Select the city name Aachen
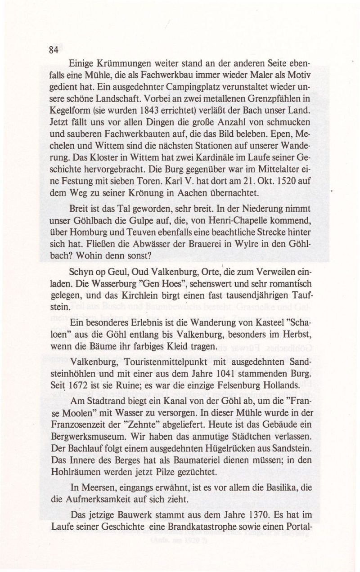click(195, 194)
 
